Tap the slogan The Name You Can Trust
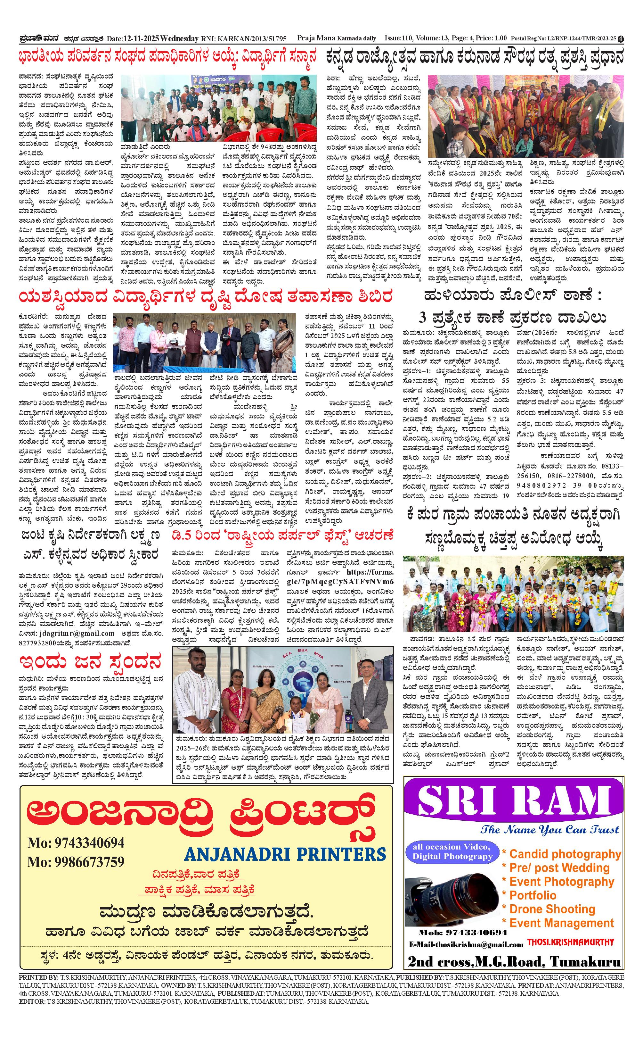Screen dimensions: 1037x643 [x=550, y=830]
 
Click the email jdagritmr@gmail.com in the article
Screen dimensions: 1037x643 [x=78, y=633]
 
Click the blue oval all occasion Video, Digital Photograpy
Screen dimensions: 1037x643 [x=452, y=852]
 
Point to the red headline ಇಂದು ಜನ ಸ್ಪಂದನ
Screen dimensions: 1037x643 [x=90, y=662]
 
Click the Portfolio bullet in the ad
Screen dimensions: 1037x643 [x=533, y=895]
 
